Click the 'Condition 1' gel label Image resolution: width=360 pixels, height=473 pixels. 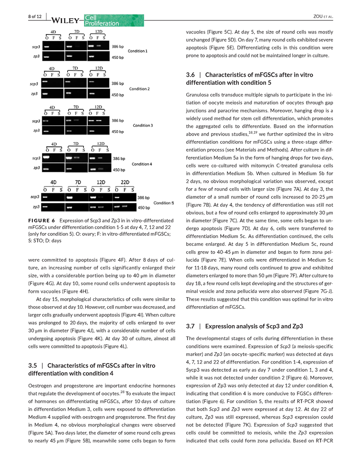(x=137, y=51)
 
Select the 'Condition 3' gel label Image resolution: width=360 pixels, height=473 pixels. (x=143, y=125)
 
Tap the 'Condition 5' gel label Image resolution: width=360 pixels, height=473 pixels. (x=163, y=202)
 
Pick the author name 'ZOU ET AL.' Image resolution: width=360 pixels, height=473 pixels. (x=324, y=17)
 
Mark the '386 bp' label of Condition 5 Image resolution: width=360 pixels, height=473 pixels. (x=143, y=197)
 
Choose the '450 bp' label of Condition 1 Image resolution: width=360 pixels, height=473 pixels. (x=118, y=58)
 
